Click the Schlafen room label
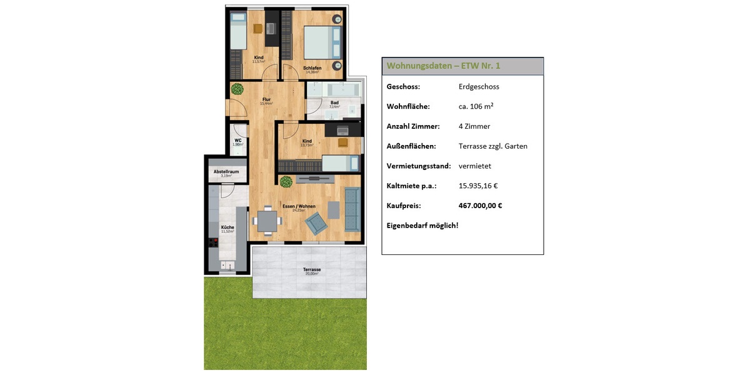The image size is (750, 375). pos(312,68)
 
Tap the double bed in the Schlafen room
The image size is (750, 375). pos(322,41)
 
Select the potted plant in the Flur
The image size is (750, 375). pos(237,89)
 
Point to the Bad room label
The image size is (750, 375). pos(334,102)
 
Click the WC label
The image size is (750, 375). pos(237,141)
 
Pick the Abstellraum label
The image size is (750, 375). pos(226,171)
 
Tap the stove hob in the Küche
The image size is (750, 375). pos(213,243)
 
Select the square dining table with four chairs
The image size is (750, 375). pos(267,221)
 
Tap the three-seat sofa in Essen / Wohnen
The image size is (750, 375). pos(352,208)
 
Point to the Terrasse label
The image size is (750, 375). pos(312,270)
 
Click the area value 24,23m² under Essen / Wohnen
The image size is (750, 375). pos(299,211)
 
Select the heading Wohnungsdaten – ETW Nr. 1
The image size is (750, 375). pos(443,66)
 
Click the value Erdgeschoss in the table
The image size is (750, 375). pos(479,87)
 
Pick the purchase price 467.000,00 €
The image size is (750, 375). pos(481,205)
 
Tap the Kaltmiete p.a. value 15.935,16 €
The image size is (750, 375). pos(477,186)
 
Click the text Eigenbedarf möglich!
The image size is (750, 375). pos(422,225)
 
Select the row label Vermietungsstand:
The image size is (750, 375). pos(418,166)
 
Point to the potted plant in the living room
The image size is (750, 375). pos(286,182)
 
